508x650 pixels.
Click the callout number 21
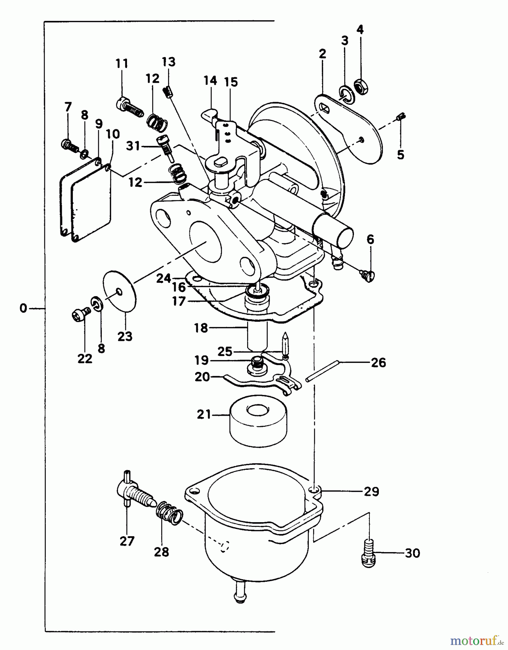pyautogui.click(x=204, y=414)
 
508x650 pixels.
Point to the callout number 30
pyautogui.click(x=412, y=553)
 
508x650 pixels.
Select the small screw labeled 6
pyautogui.click(x=369, y=276)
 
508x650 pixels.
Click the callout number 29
pyautogui.click(x=372, y=491)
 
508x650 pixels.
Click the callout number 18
pyautogui.click(x=201, y=328)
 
